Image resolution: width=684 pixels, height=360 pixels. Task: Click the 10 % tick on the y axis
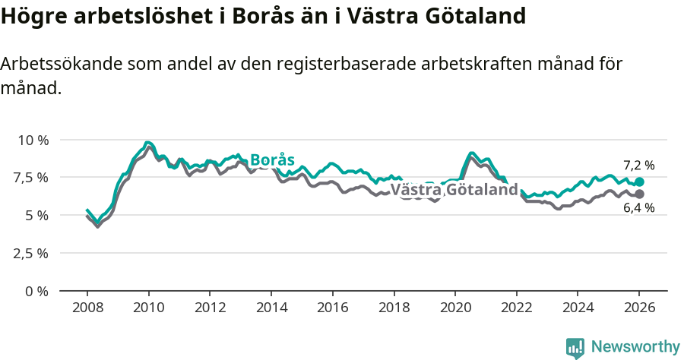[33, 140]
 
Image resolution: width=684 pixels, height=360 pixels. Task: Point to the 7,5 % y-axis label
[31, 178]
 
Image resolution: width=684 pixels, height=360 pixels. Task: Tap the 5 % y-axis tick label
[36, 215]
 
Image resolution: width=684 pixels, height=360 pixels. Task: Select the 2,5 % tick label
[31, 253]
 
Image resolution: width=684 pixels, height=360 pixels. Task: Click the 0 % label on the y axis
[36, 291]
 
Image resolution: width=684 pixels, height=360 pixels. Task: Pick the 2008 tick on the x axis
[87, 308]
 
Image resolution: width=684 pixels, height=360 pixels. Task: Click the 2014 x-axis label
[271, 308]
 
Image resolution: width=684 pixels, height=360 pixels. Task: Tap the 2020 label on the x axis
[455, 308]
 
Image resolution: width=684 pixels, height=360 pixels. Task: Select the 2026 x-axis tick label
[639, 308]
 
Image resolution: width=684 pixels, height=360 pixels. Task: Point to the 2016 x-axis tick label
[333, 308]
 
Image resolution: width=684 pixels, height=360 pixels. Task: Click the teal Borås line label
[271, 159]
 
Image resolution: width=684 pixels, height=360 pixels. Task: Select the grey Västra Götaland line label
[454, 190]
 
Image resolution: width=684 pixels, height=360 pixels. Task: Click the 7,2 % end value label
[638, 165]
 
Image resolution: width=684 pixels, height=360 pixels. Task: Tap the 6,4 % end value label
[638, 207]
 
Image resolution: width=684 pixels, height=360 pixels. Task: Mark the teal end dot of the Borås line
[639, 182]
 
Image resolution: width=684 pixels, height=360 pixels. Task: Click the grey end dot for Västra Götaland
[639, 194]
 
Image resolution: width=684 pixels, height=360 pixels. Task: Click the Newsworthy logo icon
[575, 347]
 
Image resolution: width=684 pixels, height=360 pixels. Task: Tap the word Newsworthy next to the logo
[635, 347]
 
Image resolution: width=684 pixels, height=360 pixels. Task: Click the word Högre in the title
[30, 16]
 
